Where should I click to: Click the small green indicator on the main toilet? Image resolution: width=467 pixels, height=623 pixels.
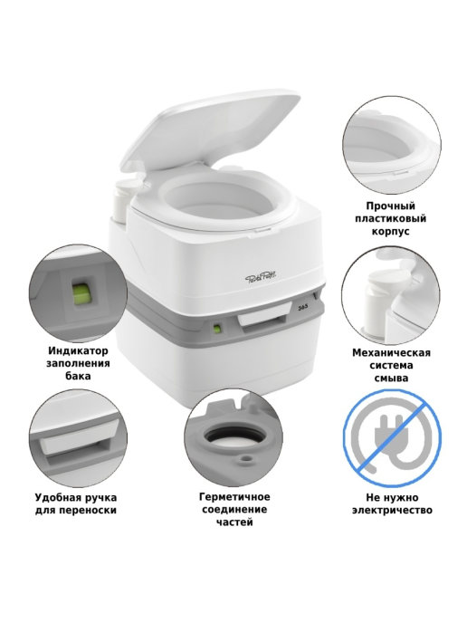217,329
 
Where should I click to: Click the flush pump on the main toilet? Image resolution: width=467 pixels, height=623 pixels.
124,198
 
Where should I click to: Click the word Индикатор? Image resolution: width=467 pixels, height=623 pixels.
78,351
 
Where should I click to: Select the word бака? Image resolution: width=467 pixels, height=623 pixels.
78,376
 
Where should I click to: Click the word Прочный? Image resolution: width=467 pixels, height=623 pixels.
391,206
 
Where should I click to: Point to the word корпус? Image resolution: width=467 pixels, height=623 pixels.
391,231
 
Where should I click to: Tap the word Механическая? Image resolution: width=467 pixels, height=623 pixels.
392,352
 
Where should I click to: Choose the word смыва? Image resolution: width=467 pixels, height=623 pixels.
391,378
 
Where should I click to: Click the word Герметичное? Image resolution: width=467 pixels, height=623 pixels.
234,496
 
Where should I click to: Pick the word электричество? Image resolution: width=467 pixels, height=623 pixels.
393,510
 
